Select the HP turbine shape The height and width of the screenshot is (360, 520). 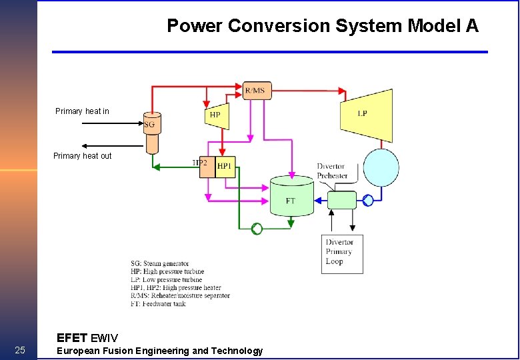[x=216, y=114]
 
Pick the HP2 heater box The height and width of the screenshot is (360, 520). [x=207, y=167]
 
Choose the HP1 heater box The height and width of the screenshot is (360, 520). [x=225, y=167]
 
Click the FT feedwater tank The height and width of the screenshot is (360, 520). [x=291, y=197]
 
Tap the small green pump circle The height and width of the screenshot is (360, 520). [x=257, y=229]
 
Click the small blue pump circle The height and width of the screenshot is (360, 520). [x=368, y=199]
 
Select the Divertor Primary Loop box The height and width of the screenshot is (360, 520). [x=342, y=254]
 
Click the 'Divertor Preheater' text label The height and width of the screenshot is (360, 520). [x=332, y=171]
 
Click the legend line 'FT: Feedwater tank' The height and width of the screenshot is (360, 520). [x=158, y=304]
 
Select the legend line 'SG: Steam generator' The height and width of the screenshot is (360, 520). [x=159, y=264]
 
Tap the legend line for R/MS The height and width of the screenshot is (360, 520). [x=180, y=296]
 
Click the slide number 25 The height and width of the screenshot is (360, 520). [x=19, y=351]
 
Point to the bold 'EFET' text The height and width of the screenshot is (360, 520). [x=71, y=337]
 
